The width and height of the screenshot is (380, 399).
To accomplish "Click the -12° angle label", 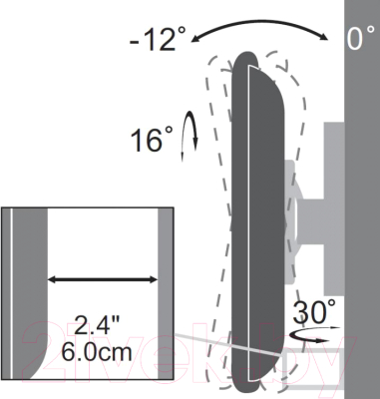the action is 158,39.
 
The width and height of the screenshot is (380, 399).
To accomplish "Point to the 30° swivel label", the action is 314,311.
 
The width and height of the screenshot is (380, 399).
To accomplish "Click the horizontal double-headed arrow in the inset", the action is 103,279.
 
